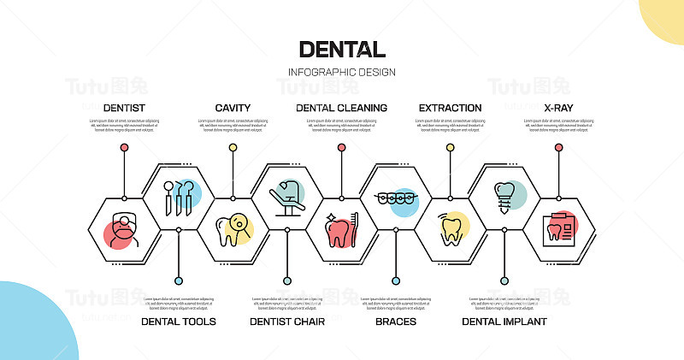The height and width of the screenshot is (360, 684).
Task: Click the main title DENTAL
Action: (x=342, y=50)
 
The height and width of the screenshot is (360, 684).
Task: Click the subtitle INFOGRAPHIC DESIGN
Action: (x=342, y=72)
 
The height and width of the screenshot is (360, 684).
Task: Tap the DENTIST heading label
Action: (x=124, y=108)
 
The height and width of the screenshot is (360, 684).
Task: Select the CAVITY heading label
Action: (x=233, y=108)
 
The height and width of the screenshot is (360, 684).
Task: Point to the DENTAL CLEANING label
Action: (x=341, y=108)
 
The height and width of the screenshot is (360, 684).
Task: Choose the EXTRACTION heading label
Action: (x=450, y=108)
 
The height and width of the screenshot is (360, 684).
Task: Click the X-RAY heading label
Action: (x=558, y=108)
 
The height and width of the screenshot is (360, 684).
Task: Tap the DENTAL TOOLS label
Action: (x=178, y=322)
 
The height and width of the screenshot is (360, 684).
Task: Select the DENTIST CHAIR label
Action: (x=287, y=322)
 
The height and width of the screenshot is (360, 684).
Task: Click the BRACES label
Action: (x=396, y=322)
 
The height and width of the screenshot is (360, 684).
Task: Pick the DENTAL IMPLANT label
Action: (x=504, y=322)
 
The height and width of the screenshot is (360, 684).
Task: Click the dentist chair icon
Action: (x=287, y=198)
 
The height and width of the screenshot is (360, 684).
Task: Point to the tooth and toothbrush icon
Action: (x=341, y=229)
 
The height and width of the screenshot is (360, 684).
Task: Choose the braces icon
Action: (x=396, y=198)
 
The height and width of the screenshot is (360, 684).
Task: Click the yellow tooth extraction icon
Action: (x=450, y=229)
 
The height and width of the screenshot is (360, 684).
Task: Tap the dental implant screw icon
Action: (x=504, y=198)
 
